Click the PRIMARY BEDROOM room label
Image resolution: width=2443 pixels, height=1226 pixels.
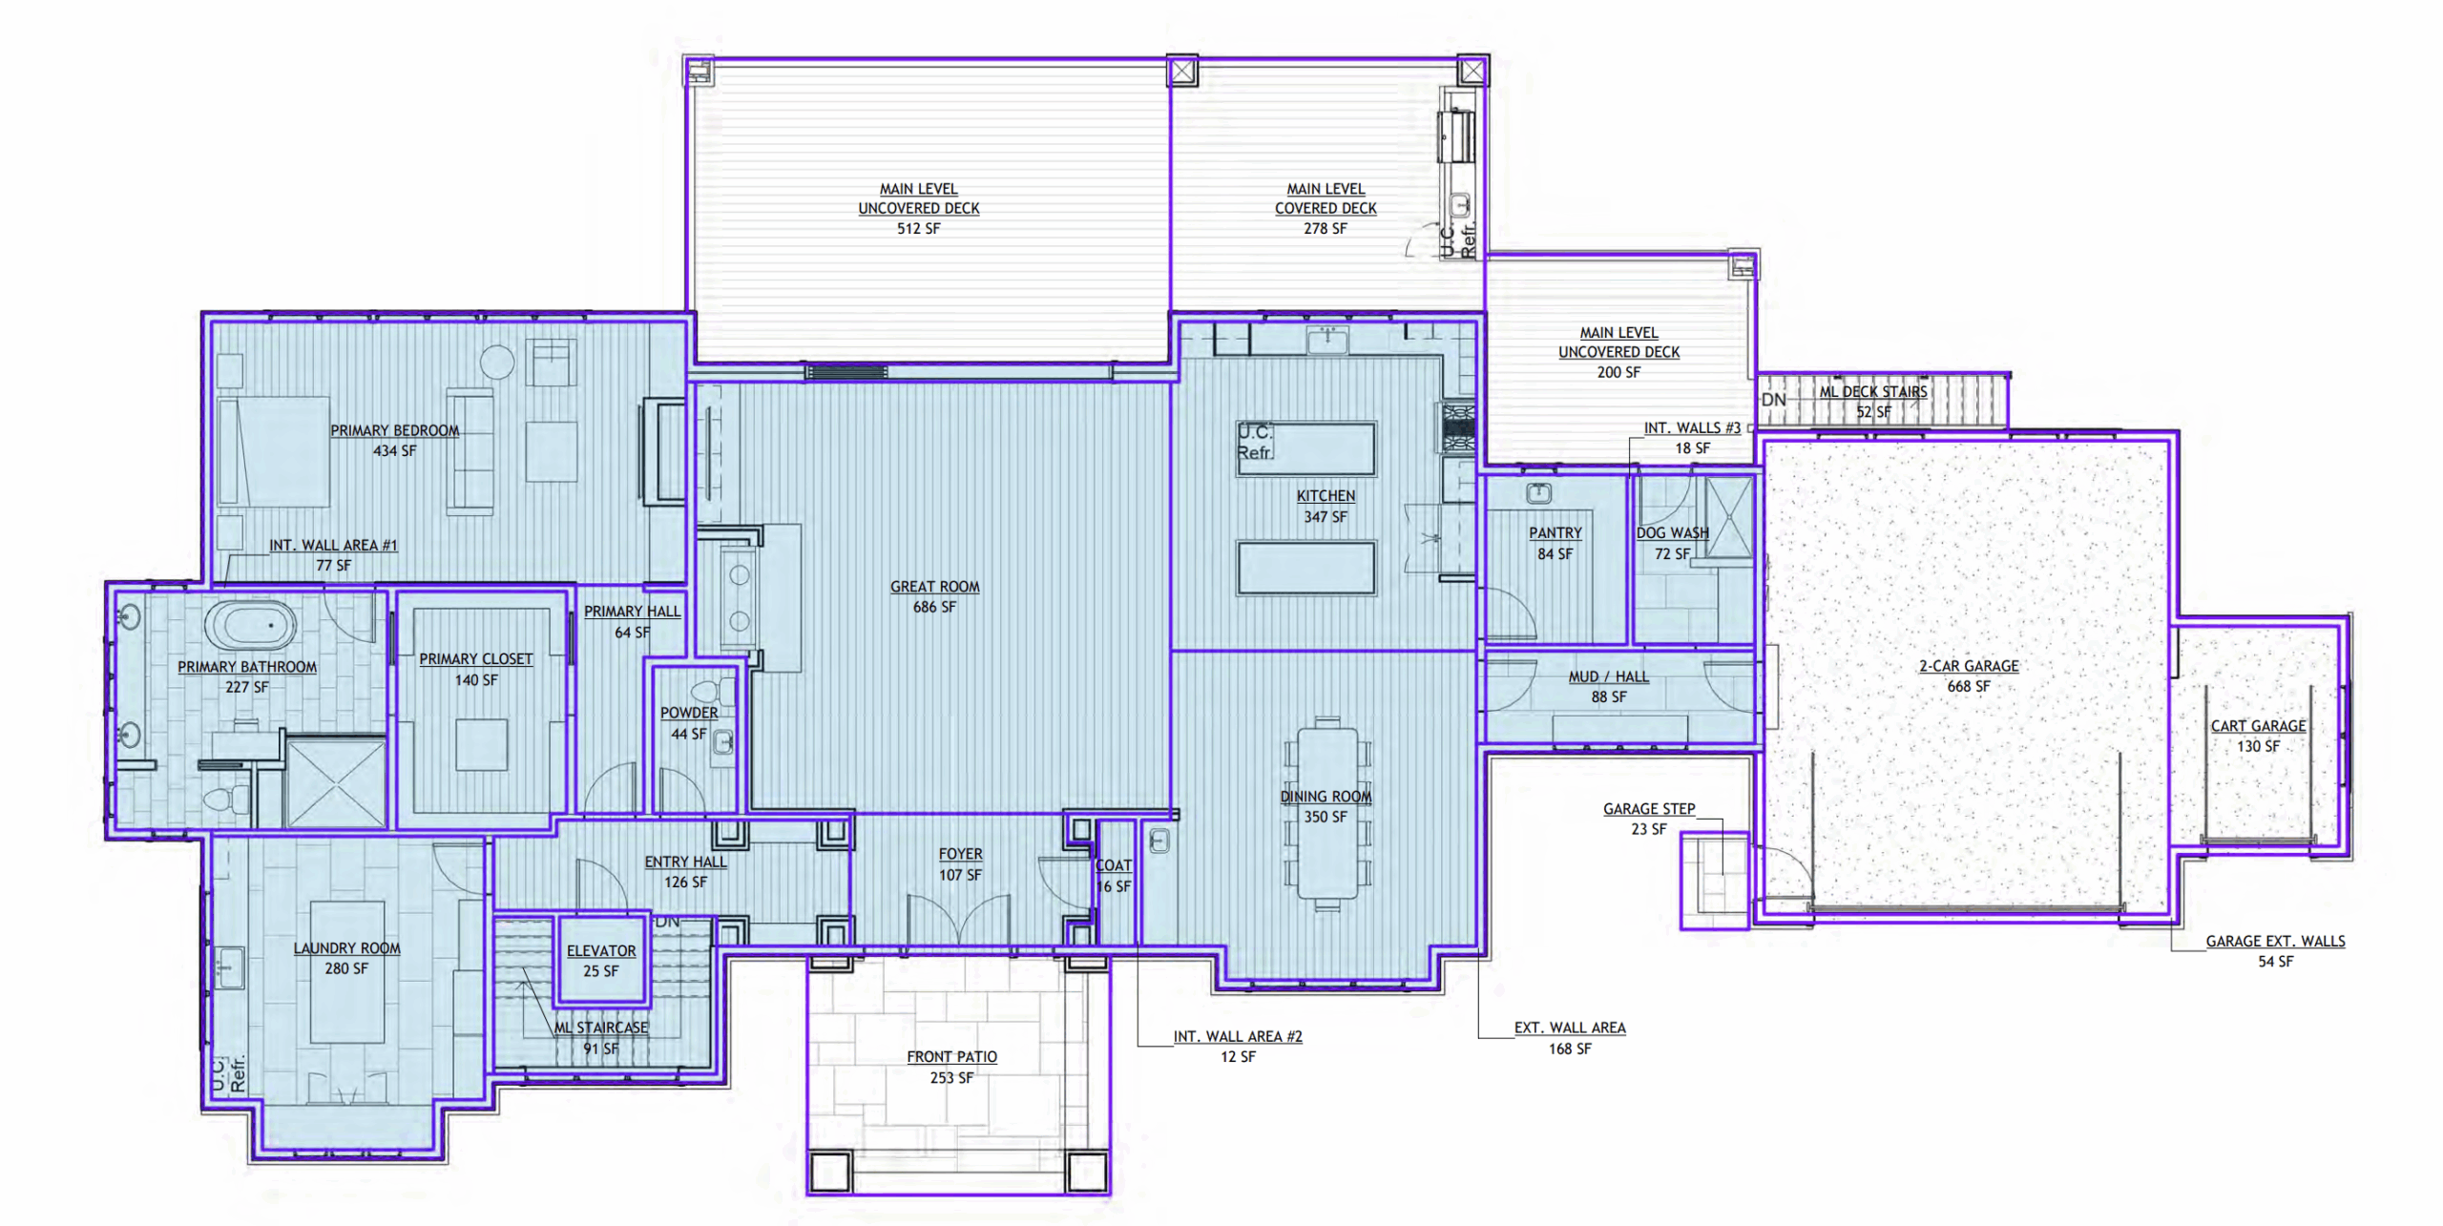395,430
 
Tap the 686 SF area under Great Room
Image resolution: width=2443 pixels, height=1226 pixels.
934,607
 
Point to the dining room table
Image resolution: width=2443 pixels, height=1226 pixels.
1326,814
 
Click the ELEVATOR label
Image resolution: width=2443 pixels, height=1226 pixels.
601,950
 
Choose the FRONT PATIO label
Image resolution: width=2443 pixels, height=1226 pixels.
951,1056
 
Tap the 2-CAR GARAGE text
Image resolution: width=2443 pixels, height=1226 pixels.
1969,666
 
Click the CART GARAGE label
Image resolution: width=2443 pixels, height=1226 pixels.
2258,725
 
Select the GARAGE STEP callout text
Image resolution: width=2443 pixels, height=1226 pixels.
1649,808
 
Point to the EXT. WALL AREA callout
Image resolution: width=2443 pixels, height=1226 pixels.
1570,1028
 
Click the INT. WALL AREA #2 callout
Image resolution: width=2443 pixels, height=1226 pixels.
1238,1036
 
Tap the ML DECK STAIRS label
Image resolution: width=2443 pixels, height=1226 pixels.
1873,391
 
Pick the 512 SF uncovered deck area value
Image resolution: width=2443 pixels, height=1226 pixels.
918,228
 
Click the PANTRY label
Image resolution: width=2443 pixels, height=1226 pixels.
1556,532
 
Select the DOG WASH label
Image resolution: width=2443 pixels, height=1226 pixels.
1672,532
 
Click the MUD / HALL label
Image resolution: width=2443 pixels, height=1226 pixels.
1609,676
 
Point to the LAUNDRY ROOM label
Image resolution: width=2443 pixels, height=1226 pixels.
346,947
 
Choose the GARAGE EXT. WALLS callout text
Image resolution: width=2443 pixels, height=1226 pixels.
2275,941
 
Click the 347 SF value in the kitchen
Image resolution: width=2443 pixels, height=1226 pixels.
1326,516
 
